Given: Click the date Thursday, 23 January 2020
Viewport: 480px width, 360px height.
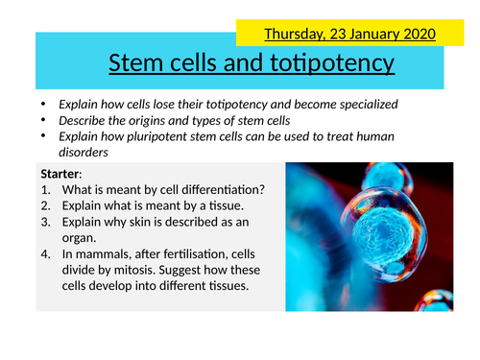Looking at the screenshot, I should click(x=349, y=34).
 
